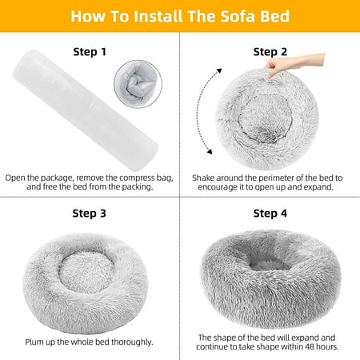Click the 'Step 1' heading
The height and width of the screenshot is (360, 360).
pyautogui.click(x=90, y=52)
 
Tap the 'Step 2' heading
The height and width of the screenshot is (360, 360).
pyautogui.click(x=270, y=52)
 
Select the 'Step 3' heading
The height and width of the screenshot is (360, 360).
pyautogui.click(x=90, y=214)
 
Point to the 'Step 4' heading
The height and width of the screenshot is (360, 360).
pyautogui.click(x=270, y=214)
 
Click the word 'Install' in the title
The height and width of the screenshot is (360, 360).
pyautogui.click(x=158, y=16)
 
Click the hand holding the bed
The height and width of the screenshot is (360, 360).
pyautogui.click(x=294, y=63)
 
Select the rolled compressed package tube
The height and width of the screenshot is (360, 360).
pyautogui.click(x=86, y=110)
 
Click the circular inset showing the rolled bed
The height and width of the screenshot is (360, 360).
pyautogui.click(x=138, y=84)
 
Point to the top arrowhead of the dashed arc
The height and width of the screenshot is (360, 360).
pyautogui.click(x=219, y=70)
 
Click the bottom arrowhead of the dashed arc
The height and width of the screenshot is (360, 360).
pyautogui.click(x=210, y=151)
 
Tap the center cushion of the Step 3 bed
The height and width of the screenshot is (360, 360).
pyautogui.click(x=86, y=271)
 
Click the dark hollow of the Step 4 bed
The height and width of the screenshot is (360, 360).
pyautogui.click(x=270, y=262)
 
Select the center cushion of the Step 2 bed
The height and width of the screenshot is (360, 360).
pyautogui.click(x=265, y=118)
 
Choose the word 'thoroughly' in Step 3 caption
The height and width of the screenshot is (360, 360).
pyautogui.click(x=131, y=342)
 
